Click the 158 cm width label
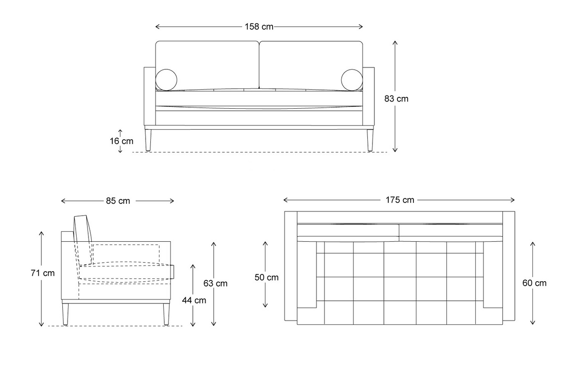[259, 27]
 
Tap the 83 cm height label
[396, 99]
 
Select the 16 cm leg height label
[121, 141]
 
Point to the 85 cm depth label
[118, 201]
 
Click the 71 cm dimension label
[42, 273]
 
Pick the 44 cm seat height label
[194, 300]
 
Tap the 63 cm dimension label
[215, 284]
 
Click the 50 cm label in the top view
[266, 277]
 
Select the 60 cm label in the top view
[534, 283]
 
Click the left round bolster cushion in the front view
[167, 79]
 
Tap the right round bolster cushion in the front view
[352, 79]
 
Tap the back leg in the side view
[66, 313]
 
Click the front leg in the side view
[166, 313]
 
